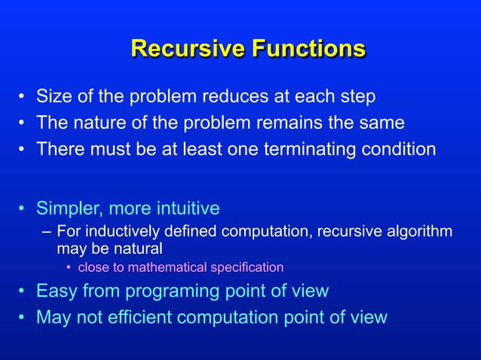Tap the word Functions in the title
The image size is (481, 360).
tap(308, 49)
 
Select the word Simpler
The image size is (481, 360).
tap(70, 208)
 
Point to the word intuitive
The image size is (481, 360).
tap(188, 208)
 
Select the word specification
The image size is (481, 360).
tap(250, 267)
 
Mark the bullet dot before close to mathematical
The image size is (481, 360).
tap(69, 267)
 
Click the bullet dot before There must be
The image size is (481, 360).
tap(23, 149)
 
